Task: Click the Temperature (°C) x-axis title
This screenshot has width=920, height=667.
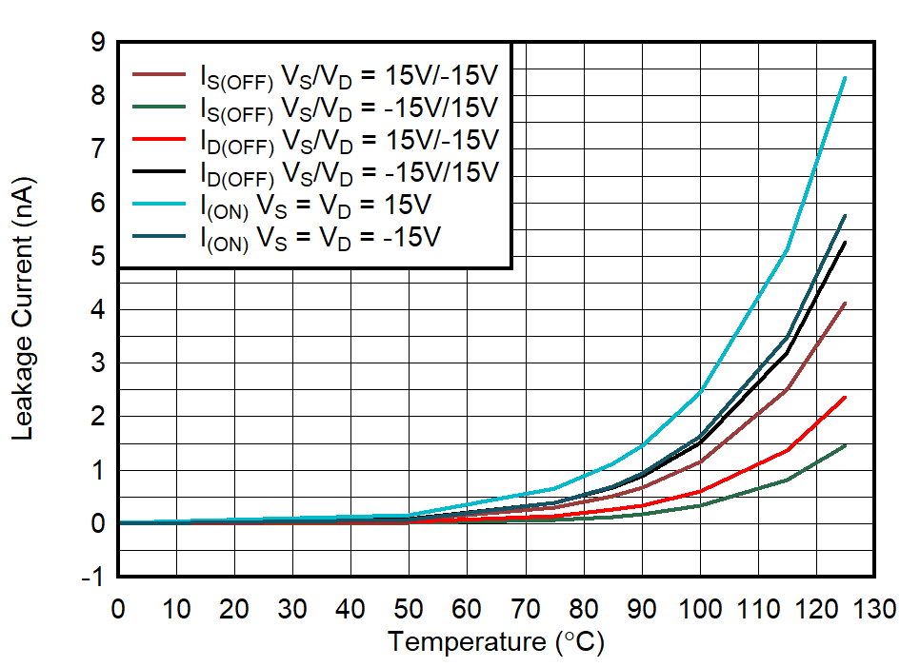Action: point(495,642)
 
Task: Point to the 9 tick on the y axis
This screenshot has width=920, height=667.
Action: point(98,43)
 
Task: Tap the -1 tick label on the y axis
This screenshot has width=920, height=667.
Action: point(94,578)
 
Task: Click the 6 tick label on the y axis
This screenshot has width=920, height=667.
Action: point(98,203)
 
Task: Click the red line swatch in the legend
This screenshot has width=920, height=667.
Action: point(160,139)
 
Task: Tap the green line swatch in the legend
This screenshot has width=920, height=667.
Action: point(160,107)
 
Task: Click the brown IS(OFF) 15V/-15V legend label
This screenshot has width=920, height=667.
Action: point(349,75)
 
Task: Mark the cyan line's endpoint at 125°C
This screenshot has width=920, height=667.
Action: point(845,78)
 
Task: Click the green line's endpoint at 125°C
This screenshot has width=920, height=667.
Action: point(845,445)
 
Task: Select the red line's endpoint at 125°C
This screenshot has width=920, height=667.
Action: point(845,398)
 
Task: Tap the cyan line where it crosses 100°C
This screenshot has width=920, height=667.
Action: point(700,391)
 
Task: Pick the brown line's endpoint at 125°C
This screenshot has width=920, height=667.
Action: point(845,304)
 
